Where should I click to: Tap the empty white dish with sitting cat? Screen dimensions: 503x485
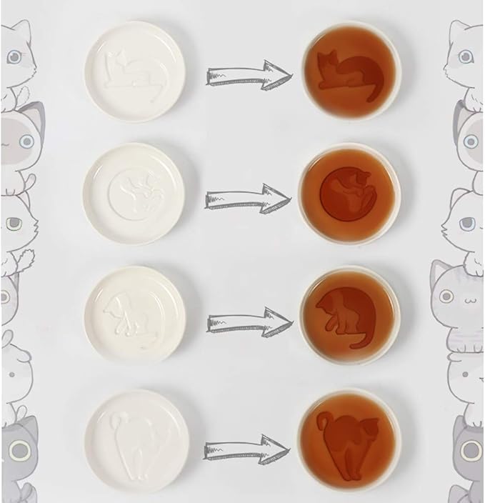pyautogui.click(x=135, y=313)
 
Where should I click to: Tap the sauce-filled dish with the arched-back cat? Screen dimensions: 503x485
pyautogui.click(x=349, y=439)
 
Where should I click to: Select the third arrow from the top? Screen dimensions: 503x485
pyautogui.click(x=249, y=322)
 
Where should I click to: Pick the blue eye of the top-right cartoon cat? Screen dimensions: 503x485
pyautogui.click(x=465, y=55)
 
